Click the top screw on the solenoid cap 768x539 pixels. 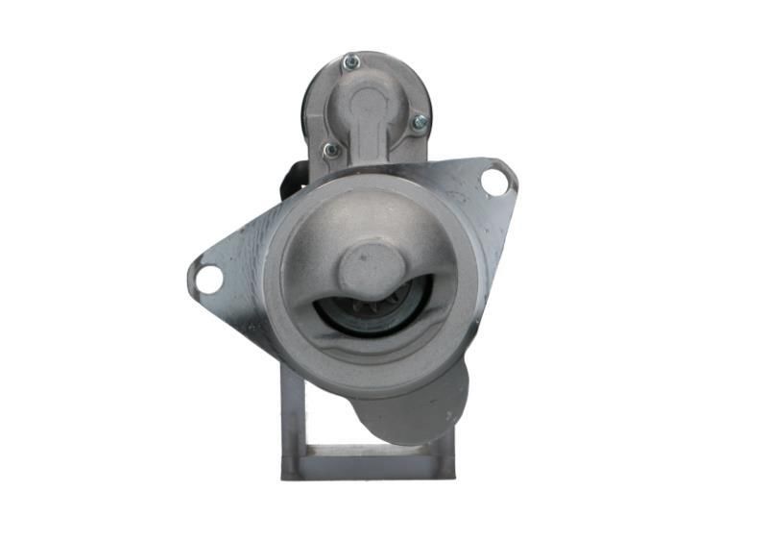(x=351, y=62)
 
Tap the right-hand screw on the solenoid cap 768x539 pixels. (x=419, y=122)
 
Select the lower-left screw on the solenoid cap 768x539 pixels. (x=330, y=150)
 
